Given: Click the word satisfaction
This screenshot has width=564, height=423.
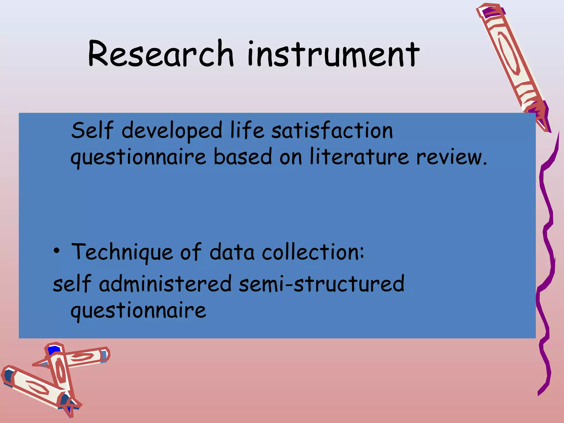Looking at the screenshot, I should click(x=332, y=131).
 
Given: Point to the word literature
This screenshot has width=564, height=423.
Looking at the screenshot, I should click(x=359, y=157).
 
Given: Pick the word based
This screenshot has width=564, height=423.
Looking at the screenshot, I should click(x=243, y=157).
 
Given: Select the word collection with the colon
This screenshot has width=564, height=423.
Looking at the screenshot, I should click(x=313, y=252).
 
